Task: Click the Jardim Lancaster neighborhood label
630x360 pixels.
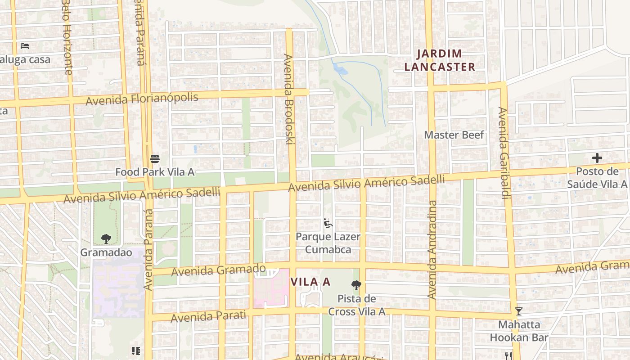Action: pyautogui.click(x=440, y=60)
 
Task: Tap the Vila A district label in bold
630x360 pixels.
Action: pyautogui.click(x=310, y=282)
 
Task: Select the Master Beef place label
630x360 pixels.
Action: pyautogui.click(x=454, y=135)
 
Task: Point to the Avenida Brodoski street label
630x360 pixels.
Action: pyautogui.click(x=288, y=99)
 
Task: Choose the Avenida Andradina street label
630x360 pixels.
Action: pyautogui.click(x=432, y=250)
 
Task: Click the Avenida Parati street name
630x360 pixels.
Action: pyautogui.click(x=209, y=316)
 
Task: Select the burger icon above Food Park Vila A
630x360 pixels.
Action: pyautogui.click(x=155, y=158)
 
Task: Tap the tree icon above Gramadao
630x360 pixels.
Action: pyautogui.click(x=106, y=238)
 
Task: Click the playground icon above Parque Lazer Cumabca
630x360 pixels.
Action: pyautogui.click(x=328, y=223)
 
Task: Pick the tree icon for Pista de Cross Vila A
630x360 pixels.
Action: pyautogui.click(x=356, y=285)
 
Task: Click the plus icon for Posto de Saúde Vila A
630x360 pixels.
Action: pyautogui.click(x=597, y=158)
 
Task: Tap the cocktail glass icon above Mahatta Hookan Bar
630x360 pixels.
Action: pyautogui.click(x=518, y=311)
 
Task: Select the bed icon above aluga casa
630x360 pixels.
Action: pyautogui.click(x=25, y=46)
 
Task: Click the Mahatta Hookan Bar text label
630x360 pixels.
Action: pyautogui.click(x=519, y=331)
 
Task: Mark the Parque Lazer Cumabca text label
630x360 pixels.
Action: pyautogui.click(x=328, y=243)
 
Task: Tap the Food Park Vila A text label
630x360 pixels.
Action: pyautogui.click(x=155, y=172)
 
